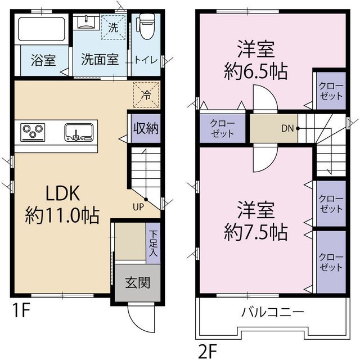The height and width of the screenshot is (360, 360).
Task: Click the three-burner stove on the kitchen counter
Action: click(x=33, y=133)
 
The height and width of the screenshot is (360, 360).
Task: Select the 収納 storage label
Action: click(x=145, y=128)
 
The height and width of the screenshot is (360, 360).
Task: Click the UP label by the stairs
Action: click(x=138, y=206)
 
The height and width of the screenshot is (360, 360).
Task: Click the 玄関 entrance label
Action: click(x=137, y=283)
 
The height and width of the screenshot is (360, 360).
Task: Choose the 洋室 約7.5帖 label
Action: click(x=255, y=221)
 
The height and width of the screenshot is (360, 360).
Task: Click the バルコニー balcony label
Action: click(x=273, y=311)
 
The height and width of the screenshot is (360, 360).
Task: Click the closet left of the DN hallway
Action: click(x=222, y=128)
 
